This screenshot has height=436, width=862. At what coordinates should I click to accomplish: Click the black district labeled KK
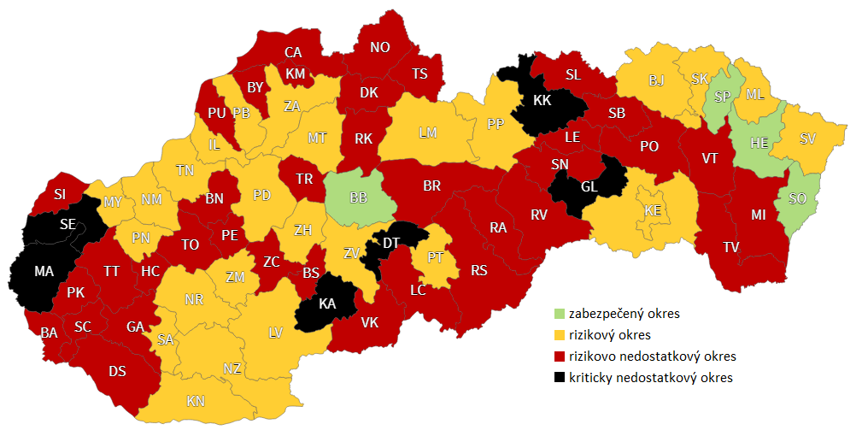pos(542,101)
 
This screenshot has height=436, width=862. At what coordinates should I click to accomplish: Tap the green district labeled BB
pos(359,198)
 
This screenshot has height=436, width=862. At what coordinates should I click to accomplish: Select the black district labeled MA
pos(44,271)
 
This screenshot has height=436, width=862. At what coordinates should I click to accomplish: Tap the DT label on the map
pos(390,244)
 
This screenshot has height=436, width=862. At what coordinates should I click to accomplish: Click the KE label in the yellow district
pos(653,210)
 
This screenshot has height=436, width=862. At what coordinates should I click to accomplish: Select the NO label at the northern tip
pos(380,48)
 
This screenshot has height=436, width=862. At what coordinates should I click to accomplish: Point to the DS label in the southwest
pos(118,372)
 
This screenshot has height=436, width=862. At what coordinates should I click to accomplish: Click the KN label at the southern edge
pos(196,401)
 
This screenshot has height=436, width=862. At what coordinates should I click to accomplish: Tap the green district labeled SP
pos(722,97)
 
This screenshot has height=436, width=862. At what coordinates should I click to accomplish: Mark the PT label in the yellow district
pos(435,256)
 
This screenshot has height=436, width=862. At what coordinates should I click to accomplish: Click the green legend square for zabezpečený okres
pos(560,314)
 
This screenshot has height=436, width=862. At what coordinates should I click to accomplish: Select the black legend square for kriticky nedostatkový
pos(560,377)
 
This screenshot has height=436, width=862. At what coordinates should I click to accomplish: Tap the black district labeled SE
pos(67,224)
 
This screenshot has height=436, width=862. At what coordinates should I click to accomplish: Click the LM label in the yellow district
pos(428,133)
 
